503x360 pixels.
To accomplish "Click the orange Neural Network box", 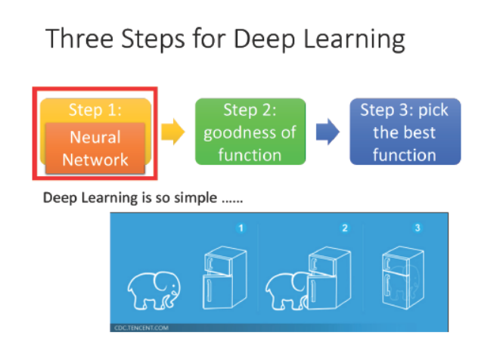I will click(95, 148).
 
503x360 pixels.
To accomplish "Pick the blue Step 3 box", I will click(405, 132).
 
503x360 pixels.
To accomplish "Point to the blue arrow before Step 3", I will click(327, 132).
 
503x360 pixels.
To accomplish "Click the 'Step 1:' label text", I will click(95, 110).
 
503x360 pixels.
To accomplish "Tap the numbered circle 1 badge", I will click(240, 228).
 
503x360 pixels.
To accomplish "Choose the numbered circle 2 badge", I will click(345, 228).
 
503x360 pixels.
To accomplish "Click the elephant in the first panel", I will click(154, 290).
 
